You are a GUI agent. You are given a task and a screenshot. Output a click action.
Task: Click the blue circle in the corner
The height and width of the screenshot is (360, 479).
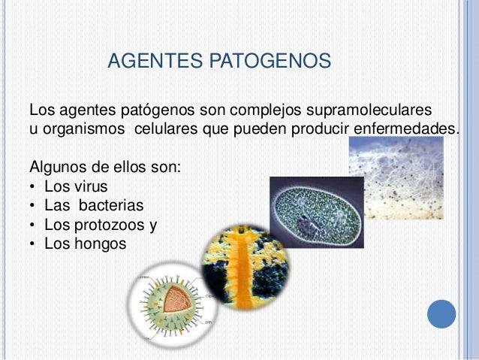[442, 313]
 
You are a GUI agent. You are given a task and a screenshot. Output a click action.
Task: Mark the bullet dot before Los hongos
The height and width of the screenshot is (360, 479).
[34, 244]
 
